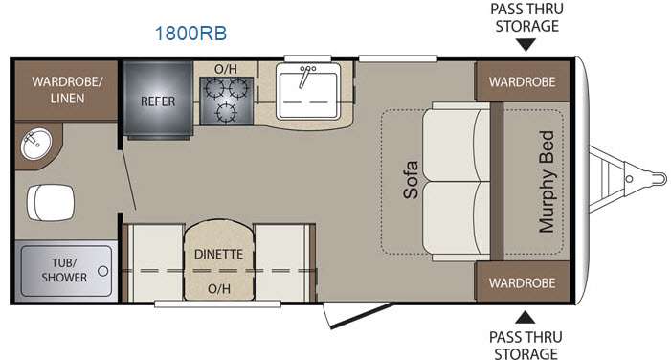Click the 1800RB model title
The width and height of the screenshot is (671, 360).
[x=190, y=34]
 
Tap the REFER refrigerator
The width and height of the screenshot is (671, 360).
[x=158, y=101]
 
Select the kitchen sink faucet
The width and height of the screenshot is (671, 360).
[x=305, y=76]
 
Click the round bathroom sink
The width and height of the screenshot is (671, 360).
[x=36, y=144]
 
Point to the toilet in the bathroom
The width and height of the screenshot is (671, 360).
[x=50, y=202]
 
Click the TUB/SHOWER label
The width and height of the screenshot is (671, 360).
[x=64, y=270]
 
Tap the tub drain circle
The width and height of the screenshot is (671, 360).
[x=102, y=271]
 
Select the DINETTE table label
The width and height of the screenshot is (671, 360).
[x=218, y=255]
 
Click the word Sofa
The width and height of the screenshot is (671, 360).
[x=411, y=180]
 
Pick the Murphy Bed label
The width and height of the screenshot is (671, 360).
[x=547, y=182]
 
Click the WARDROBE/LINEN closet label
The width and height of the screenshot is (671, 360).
[x=67, y=90]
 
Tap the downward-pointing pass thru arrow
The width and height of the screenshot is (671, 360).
[x=526, y=45]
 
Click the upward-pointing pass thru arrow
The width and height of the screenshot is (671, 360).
[x=526, y=317]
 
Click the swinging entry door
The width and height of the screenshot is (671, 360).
[x=357, y=315]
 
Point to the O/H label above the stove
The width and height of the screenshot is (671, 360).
[x=226, y=69]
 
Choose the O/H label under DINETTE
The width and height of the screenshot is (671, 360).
[x=218, y=289]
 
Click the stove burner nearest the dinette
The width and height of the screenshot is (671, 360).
[x=226, y=113]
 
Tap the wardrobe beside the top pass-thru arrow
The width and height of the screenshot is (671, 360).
[x=523, y=81]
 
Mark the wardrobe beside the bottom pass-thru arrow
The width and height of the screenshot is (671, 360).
[x=523, y=282]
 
